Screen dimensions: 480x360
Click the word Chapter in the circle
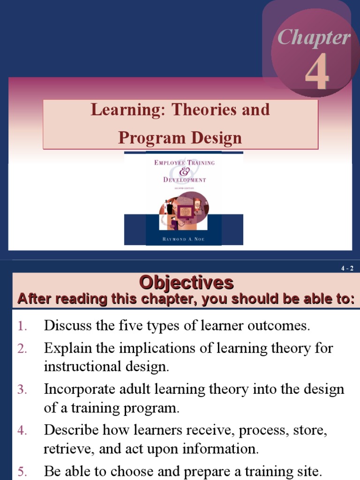click(x=313, y=38)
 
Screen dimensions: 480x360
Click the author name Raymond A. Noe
click(x=184, y=239)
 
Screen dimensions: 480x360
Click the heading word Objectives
click(x=186, y=283)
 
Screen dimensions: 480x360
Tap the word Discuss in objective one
click(x=68, y=326)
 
